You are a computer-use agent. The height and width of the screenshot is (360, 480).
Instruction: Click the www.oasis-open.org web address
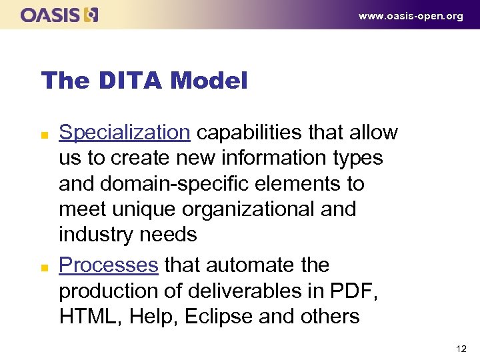[x=411, y=16]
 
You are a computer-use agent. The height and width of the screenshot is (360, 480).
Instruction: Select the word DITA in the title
[x=131, y=81]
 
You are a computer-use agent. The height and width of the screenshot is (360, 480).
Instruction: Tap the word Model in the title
[x=209, y=81]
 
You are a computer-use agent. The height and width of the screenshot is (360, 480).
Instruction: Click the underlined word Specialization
[x=125, y=133]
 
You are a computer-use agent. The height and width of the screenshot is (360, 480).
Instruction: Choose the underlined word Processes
[x=109, y=265]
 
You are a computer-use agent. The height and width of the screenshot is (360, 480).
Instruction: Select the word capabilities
[x=254, y=133]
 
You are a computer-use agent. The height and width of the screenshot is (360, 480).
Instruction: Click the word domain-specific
[x=168, y=183]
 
